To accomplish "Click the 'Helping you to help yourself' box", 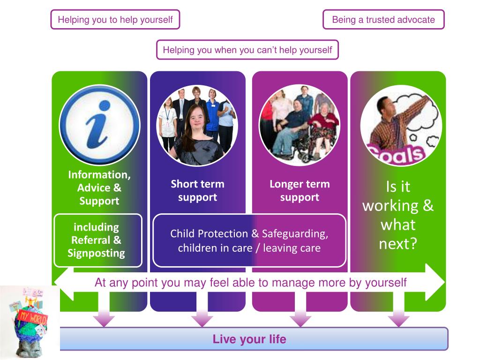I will pos(115,20).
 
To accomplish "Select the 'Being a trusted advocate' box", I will pos(383,20).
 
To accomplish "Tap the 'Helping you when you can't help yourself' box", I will pos(247,50).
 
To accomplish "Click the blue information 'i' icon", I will pos(99,124).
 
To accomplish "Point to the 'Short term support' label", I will pos(197,190).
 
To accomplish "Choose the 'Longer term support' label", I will pos(300,190).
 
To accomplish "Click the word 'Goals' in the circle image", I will pos(396,153).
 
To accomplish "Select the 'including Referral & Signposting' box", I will pos(98,240).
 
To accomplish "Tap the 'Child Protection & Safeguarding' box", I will pos(249,240).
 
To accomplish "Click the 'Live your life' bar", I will pos(249,339).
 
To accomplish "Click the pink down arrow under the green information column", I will pos(104,319).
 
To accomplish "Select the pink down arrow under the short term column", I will pos(202,319).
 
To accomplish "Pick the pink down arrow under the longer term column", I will pos(300,319).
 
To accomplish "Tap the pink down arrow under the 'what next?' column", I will pos(398,319).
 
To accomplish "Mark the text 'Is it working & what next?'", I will pos(397,215).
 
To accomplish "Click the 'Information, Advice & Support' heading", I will pos(99,187).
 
